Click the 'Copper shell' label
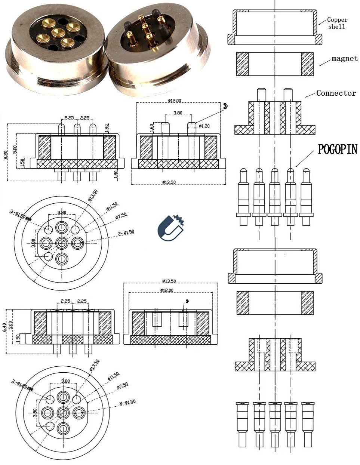[337, 23]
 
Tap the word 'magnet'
[344, 58]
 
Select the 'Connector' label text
[336, 93]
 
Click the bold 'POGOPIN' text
[337, 149]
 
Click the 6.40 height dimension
[4, 328]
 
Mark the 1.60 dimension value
[152, 128]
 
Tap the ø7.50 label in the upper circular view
[122, 216]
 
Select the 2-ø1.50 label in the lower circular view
[127, 402]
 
